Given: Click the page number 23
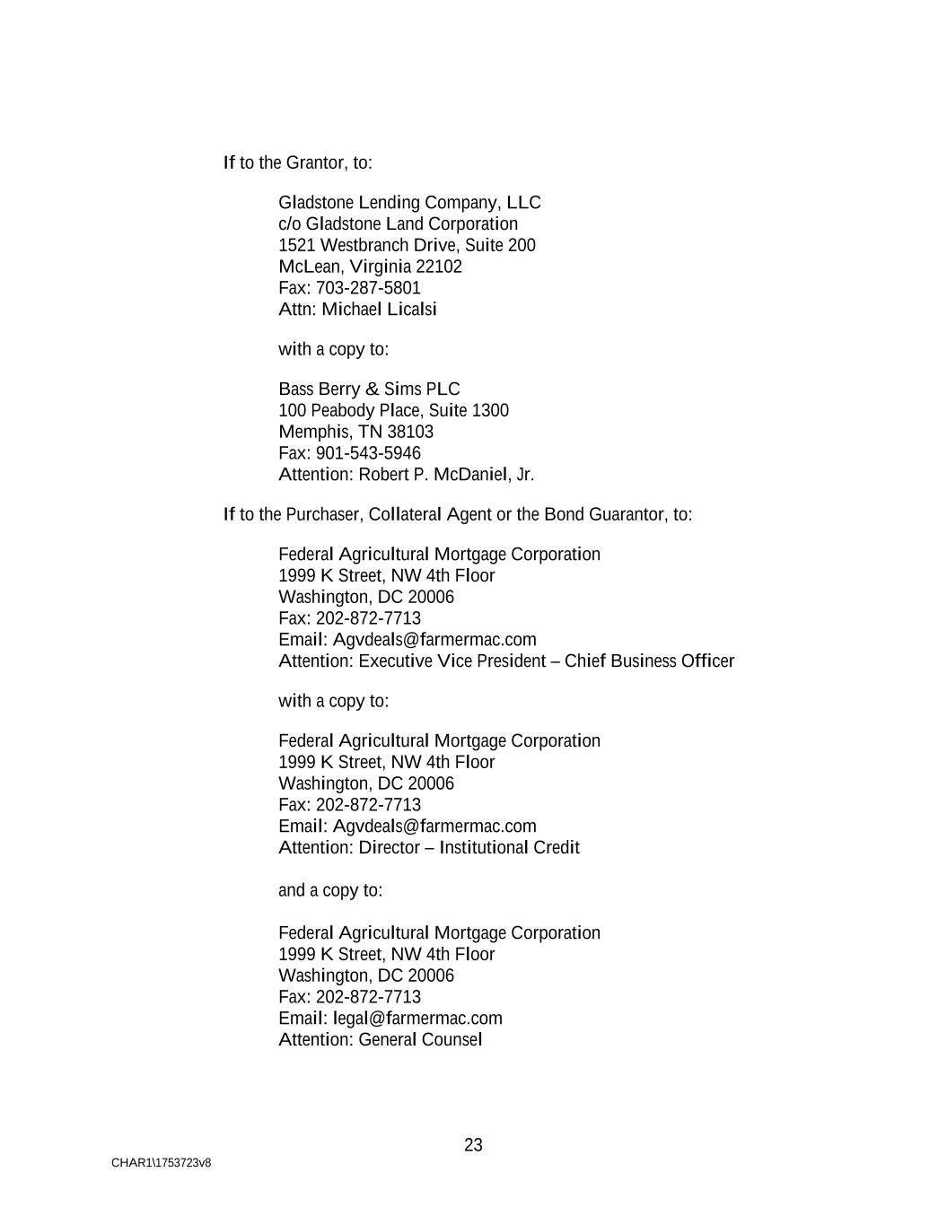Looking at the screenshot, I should coord(473,1145).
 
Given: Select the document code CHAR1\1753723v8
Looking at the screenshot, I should coord(162,1163).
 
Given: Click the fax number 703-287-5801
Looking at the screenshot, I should coord(368,288).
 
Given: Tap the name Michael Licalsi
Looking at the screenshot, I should coord(380,310).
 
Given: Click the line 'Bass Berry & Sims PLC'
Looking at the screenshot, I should coord(369,389).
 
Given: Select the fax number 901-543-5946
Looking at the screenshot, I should coord(368,453).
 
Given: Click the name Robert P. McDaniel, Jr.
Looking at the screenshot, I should coord(446,475).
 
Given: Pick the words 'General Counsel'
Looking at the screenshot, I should coord(420,1040).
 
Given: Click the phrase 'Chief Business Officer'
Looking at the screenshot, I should coord(649,661).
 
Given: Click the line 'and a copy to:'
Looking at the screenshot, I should coord(330,890).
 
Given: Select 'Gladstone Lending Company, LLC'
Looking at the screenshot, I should coord(409,203).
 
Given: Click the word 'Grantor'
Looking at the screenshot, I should coord(314,162).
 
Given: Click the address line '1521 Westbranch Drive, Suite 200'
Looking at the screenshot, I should coord(407,246).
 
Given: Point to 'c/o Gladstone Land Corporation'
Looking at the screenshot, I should coord(398,224).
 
